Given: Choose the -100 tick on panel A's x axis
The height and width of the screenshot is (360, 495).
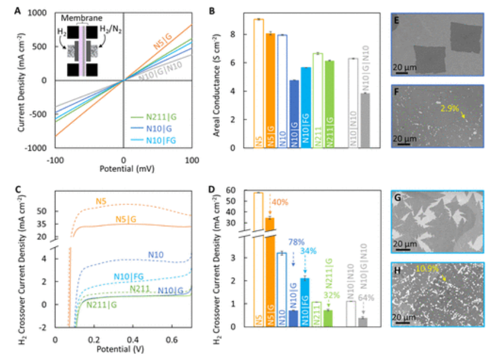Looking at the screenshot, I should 55,158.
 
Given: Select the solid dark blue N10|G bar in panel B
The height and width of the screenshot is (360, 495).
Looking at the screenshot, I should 294,114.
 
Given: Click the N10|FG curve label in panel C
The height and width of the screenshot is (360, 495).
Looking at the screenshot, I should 127,277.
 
